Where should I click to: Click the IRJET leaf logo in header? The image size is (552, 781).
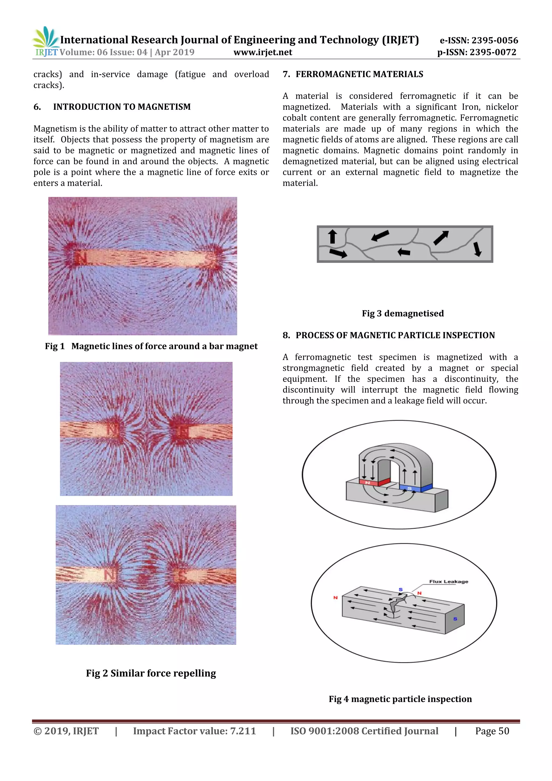click(x=46, y=38)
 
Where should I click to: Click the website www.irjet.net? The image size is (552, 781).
click(x=263, y=52)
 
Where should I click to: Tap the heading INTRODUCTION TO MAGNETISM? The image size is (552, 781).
click(x=122, y=107)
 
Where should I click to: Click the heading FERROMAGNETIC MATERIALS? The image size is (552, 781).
click(x=359, y=74)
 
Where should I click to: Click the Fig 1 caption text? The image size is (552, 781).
click(x=151, y=346)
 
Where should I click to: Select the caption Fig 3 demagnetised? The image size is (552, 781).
click(x=403, y=313)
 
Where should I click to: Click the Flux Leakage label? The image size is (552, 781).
click(x=449, y=582)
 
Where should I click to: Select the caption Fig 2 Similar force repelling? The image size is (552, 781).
click(x=151, y=673)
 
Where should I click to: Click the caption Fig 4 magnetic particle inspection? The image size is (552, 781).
click(x=400, y=699)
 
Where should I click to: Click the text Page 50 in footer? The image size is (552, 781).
click(x=492, y=731)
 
